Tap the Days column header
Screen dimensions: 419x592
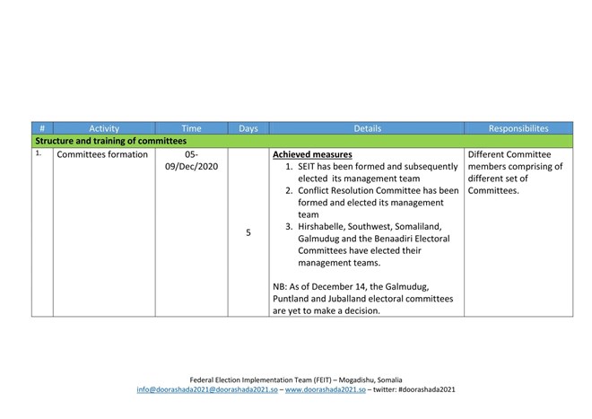coord(248,128)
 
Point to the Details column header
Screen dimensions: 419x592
coord(366,128)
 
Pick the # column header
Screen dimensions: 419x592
coord(42,128)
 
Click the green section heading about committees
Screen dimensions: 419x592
coord(110,141)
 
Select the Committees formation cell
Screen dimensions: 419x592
coord(101,154)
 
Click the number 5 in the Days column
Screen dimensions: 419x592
coord(248,232)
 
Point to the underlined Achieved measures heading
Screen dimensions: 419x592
coord(311,154)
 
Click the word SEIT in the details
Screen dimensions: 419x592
coord(309,167)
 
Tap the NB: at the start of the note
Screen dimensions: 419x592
coord(281,286)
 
